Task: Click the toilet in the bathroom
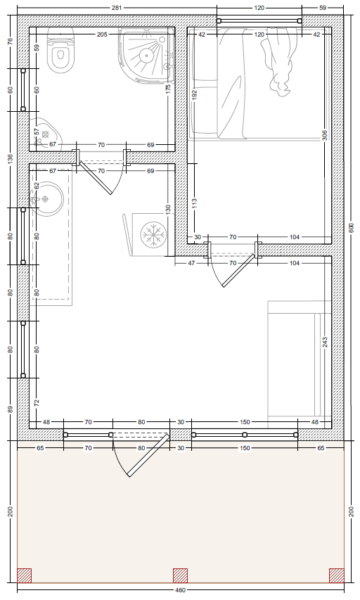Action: (x=60, y=50)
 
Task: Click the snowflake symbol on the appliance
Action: (x=153, y=234)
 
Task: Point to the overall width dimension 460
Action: (x=180, y=590)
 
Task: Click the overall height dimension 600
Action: (x=352, y=228)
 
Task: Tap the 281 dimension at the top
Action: (x=117, y=8)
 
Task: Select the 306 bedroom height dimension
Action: (x=324, y=135)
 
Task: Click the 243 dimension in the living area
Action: (x=324, y=342)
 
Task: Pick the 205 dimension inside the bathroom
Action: (x=102, y=34)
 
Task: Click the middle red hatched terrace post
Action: (x=180, y=575)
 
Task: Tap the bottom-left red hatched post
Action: (x=24, y=575)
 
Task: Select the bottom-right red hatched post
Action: (x=337, y=575)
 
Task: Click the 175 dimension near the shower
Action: (x=168, y=89)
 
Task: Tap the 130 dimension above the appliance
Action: (x=168, y=210)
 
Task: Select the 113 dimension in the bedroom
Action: (x=194, y=203)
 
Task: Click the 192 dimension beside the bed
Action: (x=194, y=95)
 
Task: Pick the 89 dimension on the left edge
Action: (x=11, y=409)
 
